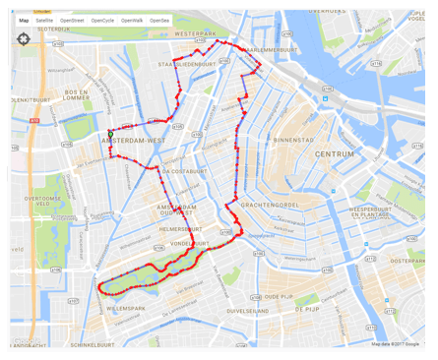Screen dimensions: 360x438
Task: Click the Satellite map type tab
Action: coord(44,20)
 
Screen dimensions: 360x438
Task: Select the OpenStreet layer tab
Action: coord(72,20)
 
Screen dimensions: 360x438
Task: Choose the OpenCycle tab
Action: coord(102,20)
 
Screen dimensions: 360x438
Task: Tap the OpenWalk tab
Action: coord(132,20)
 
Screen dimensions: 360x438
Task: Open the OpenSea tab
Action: coord(159,20)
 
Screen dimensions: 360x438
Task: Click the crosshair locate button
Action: coord(24,39)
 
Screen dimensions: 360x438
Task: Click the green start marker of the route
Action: coord(109,134)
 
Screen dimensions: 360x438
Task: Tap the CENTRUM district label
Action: coord(334,153)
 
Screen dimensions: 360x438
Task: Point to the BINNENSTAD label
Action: coord(293,140)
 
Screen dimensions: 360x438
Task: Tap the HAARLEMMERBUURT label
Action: coord(272,49)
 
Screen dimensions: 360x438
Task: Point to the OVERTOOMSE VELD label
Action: coord(45,202)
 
